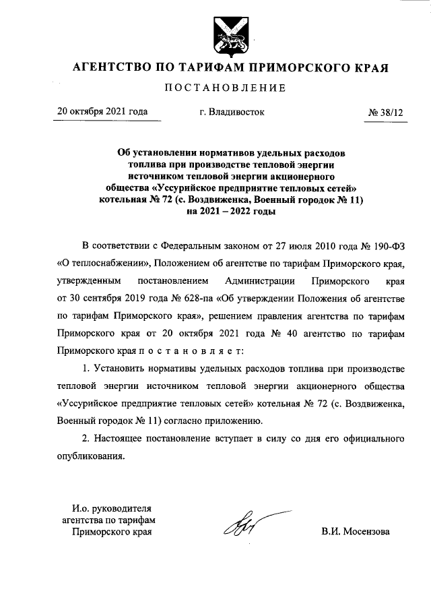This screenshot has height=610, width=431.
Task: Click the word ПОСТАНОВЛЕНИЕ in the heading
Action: click(x=222, y=88)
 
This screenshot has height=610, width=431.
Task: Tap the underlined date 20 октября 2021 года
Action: click(x=102, y=112)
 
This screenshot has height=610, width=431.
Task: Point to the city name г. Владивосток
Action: click(x=232, y=113)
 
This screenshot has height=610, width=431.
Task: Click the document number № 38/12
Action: click(x=386, y=113)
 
